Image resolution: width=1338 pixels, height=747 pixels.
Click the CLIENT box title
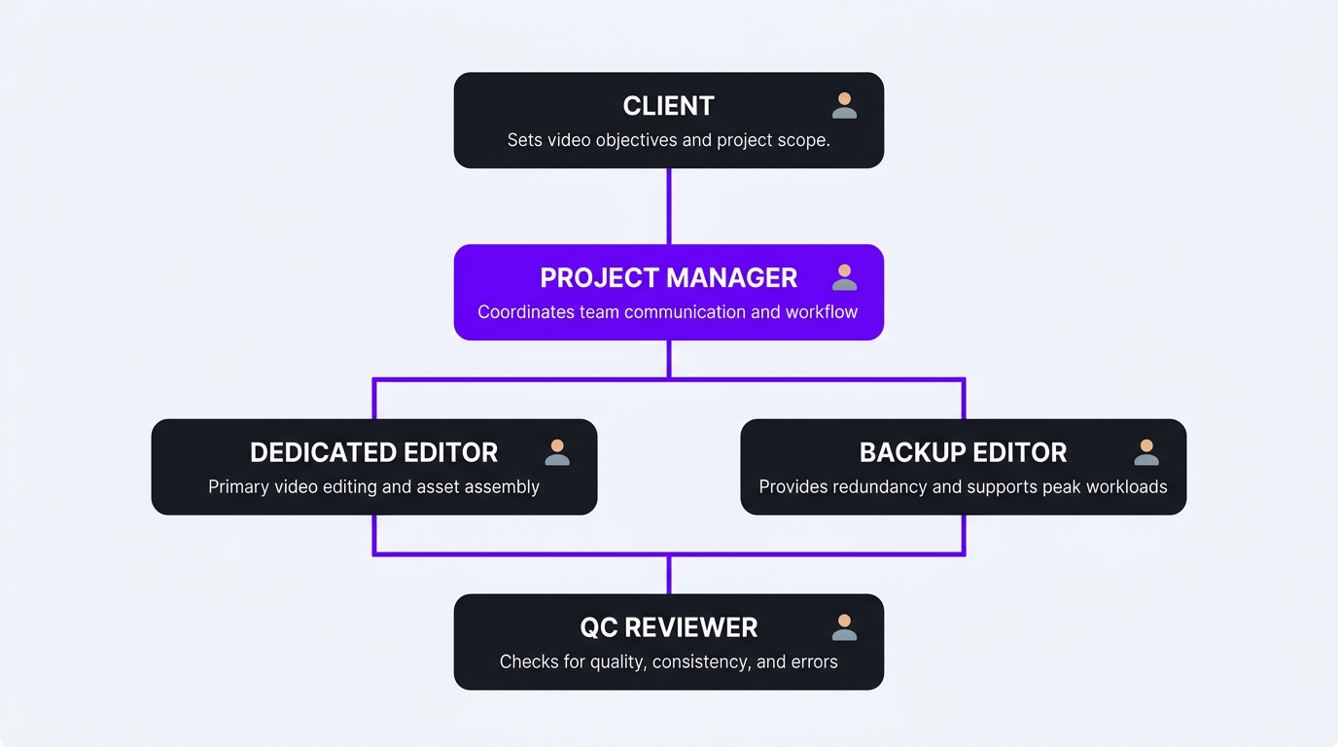[x=668, y=106]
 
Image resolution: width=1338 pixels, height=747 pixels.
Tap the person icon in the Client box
[x=844, y=105]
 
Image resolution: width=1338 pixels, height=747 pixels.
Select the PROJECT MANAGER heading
[x=668, y=278]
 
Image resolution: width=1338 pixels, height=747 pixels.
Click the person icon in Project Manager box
[x=844, y=277]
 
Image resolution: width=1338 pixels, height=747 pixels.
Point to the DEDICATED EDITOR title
[x=373, y=452]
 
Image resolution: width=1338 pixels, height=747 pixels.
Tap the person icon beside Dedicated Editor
[x=557, y=452]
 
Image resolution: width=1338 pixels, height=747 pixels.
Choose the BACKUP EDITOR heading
[x=963, y=452]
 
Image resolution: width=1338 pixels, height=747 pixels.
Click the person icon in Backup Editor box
[x=1146, y=452]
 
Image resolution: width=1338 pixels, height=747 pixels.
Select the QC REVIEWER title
[x=668, y=627]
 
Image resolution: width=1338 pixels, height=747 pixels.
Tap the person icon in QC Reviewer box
[x=844, y=627]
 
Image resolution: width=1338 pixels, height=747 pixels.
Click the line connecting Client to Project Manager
[x=669, y=206]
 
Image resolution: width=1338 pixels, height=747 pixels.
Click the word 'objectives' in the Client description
[x=636, y=140]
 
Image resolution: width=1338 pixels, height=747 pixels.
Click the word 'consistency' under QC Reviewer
[x=699, y=662]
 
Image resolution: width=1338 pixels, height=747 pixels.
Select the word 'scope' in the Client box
[x=803, y=140]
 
